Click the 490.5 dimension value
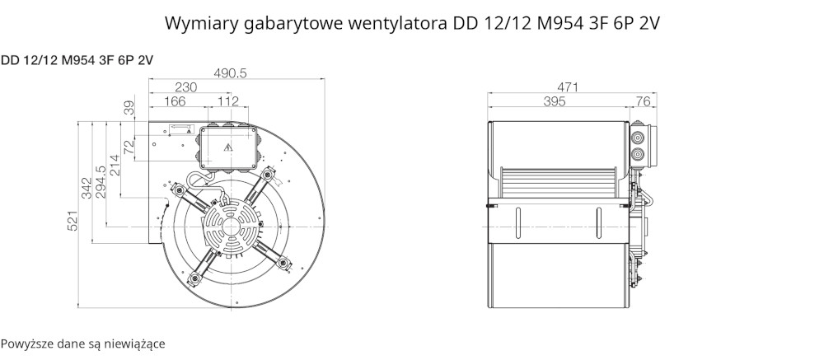[230, 73]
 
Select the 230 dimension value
[185, 87]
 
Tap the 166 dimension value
[175, 101]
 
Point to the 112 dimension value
[228, 101]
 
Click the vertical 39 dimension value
[129, 108]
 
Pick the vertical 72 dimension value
[129, 147]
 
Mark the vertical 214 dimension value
[115, 166]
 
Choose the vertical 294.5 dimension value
[101, 182]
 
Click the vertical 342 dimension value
[87, 188]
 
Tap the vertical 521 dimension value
[73, 221]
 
